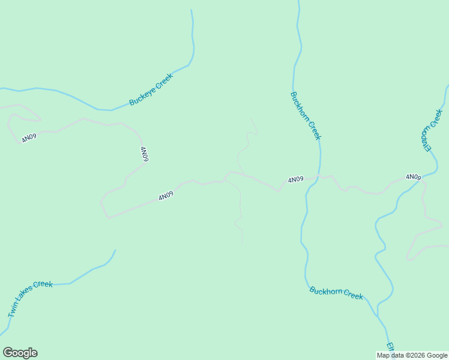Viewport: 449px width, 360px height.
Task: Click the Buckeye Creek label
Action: pos(151,90)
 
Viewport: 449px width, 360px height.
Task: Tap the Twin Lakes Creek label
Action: pos(31,299)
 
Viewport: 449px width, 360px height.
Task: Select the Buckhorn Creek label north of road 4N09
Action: pos(306,116)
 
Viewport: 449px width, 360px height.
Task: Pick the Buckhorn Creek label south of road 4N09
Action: pos(336,293)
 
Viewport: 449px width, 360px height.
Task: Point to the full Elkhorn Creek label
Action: pos(431,130)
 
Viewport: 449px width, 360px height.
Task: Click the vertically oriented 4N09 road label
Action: pos(144,154)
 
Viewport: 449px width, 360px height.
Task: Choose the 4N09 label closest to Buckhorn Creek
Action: pos(295,179)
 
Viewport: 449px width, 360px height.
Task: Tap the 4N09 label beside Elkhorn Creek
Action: pos(413,177)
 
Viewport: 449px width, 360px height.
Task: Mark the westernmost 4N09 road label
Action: pos(29,137)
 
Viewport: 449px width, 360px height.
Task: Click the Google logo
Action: pos(20,353)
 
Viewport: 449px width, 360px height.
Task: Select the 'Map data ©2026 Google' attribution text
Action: pos(412,355)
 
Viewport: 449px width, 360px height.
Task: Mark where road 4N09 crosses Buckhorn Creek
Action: pos(319,176)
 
